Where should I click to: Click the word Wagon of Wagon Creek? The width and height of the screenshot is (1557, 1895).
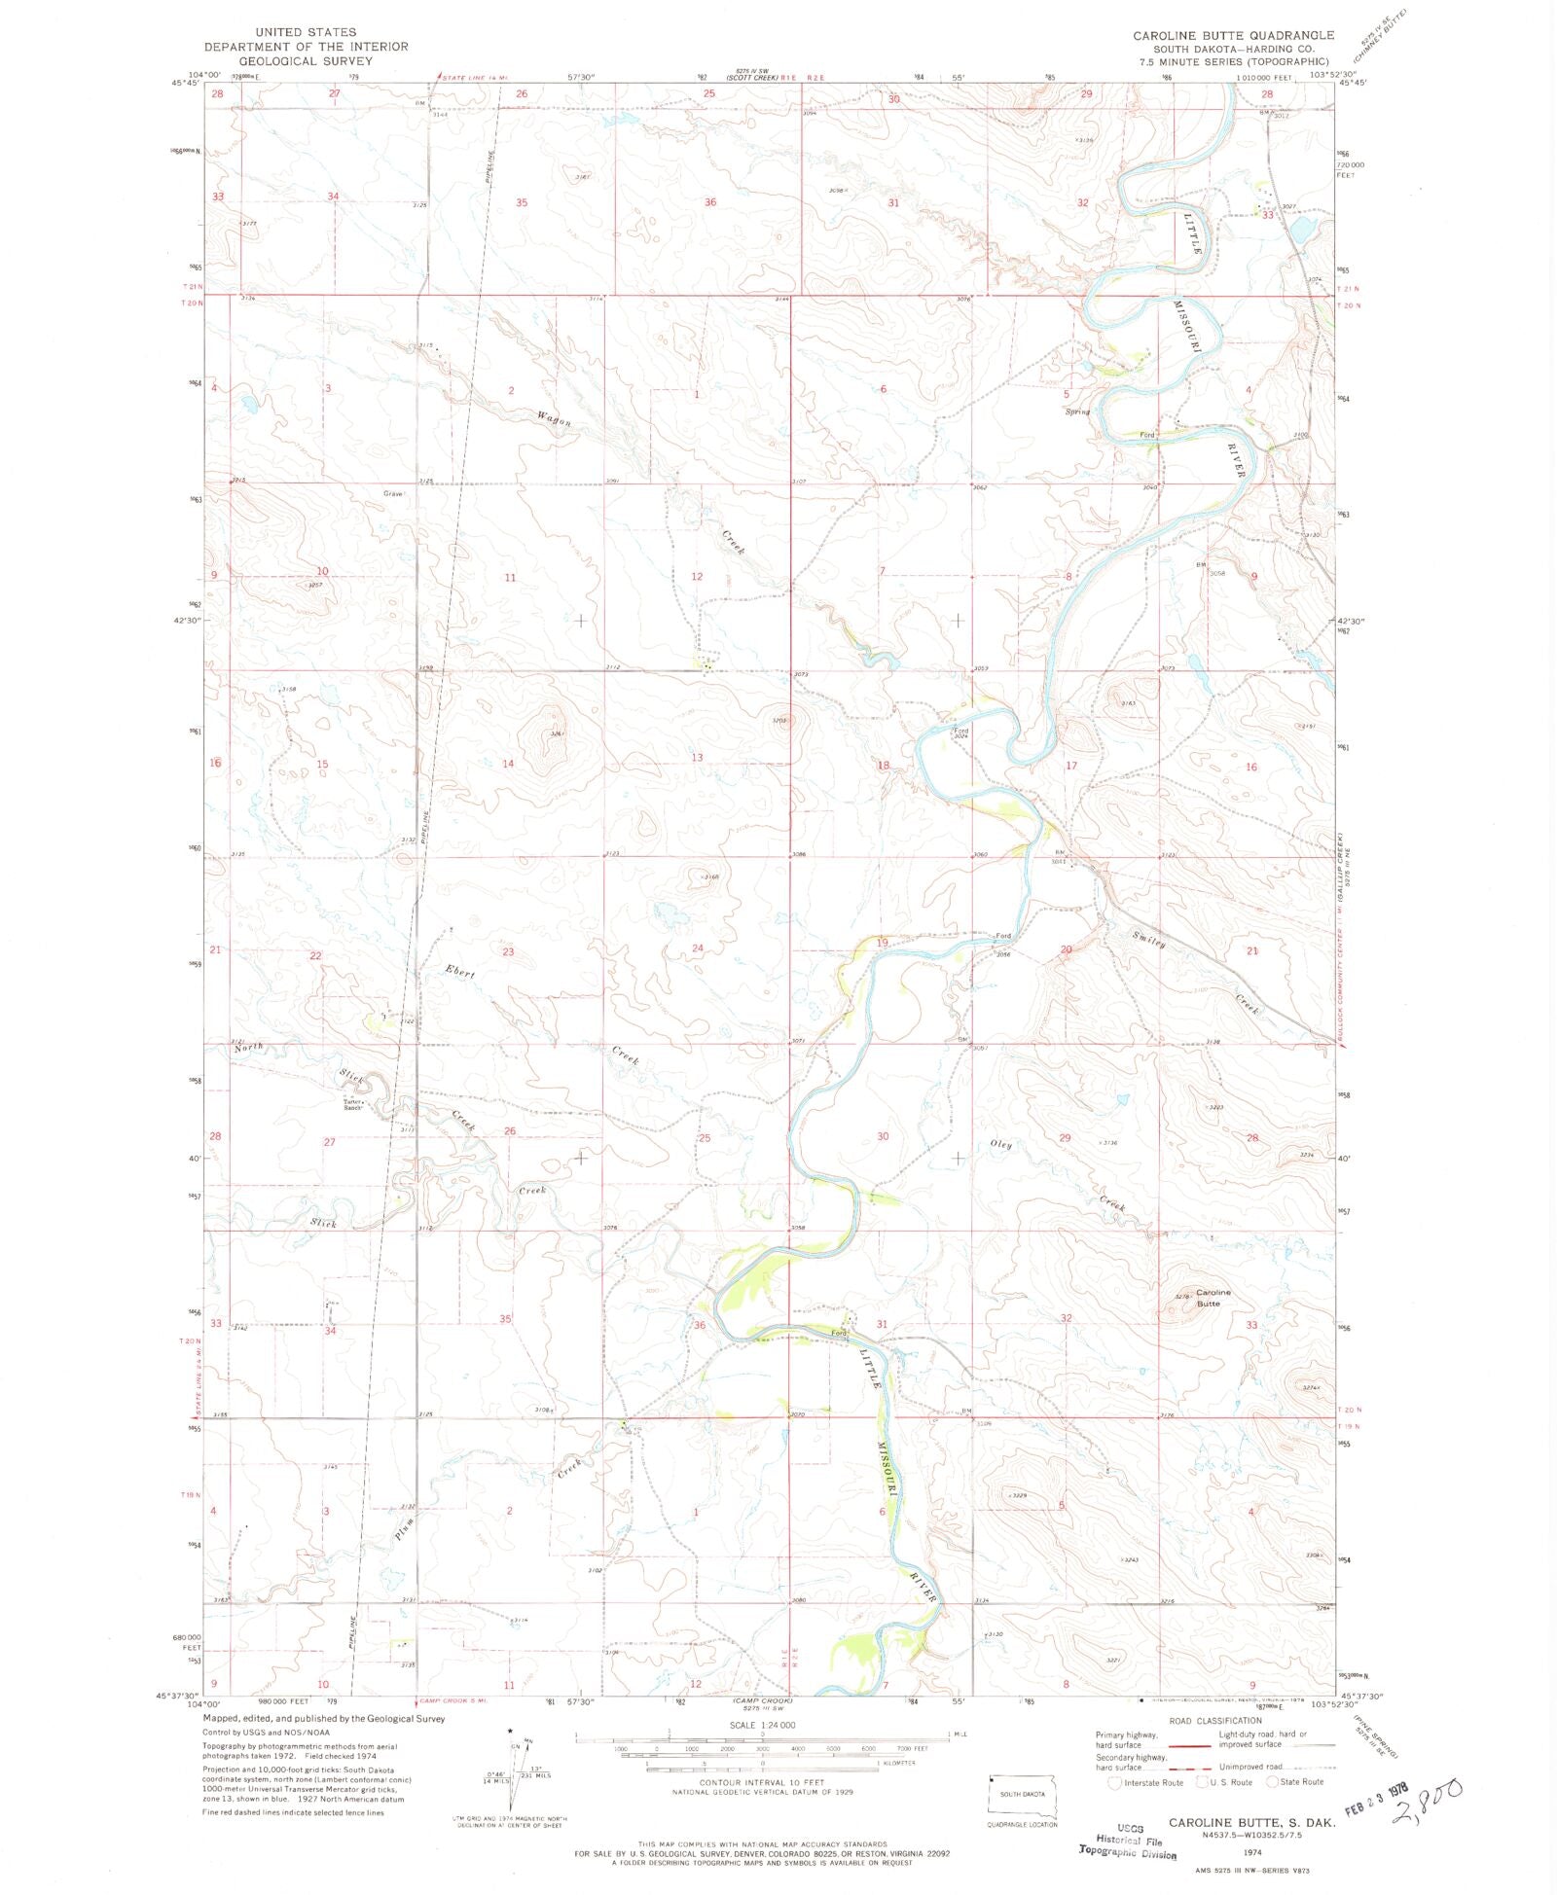[x=554, y=419]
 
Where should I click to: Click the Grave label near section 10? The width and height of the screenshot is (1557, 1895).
[x=392, y=493]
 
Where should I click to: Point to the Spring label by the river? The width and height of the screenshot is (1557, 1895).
[x=1077, y=411]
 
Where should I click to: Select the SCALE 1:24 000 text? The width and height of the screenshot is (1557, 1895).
[x=762, y=1725]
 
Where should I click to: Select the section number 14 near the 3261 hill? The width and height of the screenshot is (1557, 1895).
[x=508, y=764]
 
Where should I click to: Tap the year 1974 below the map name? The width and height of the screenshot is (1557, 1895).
[x=1251, y=1854]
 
